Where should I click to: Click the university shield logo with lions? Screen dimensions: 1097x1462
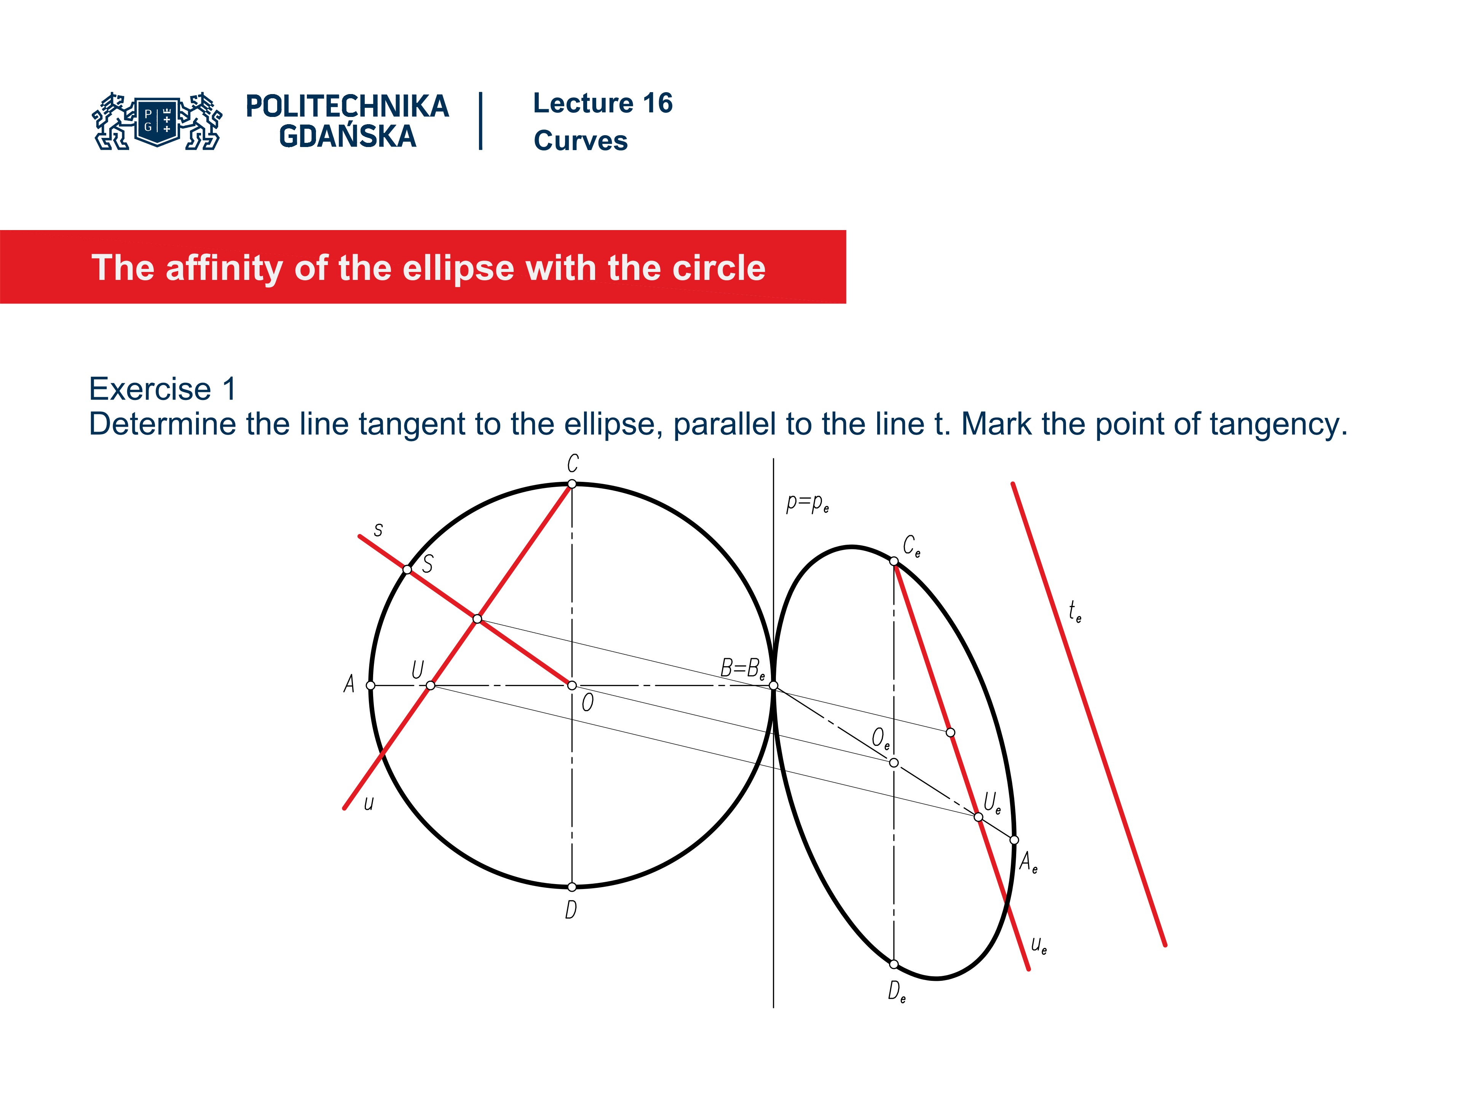(x=157, y=121)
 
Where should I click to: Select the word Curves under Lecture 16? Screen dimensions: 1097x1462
(x=580, y=141)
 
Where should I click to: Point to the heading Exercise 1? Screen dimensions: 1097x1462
(x=163, y=389)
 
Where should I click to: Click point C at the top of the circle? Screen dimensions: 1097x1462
(x=572, y=484)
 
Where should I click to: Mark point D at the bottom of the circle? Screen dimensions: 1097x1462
(x=572, y=887)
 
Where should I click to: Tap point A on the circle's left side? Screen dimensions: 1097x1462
(x=371, y=686)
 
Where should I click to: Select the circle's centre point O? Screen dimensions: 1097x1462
(x=572, y=686)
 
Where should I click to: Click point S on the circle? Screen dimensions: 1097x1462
(x=407, y=569)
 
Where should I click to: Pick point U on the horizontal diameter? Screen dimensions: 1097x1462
(x=430, y=686)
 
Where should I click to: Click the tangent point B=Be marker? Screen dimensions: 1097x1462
(x=773, y=686)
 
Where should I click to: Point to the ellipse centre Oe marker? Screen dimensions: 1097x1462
(x=894, y=763)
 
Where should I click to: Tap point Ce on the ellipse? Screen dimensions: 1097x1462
(x=894, y=561)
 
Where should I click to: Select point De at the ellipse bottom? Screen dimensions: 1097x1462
(x=894, y=964)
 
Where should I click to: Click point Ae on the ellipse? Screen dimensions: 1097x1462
(x=1014, y=840)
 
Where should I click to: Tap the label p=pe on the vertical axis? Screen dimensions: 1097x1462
(x=807, y=504)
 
